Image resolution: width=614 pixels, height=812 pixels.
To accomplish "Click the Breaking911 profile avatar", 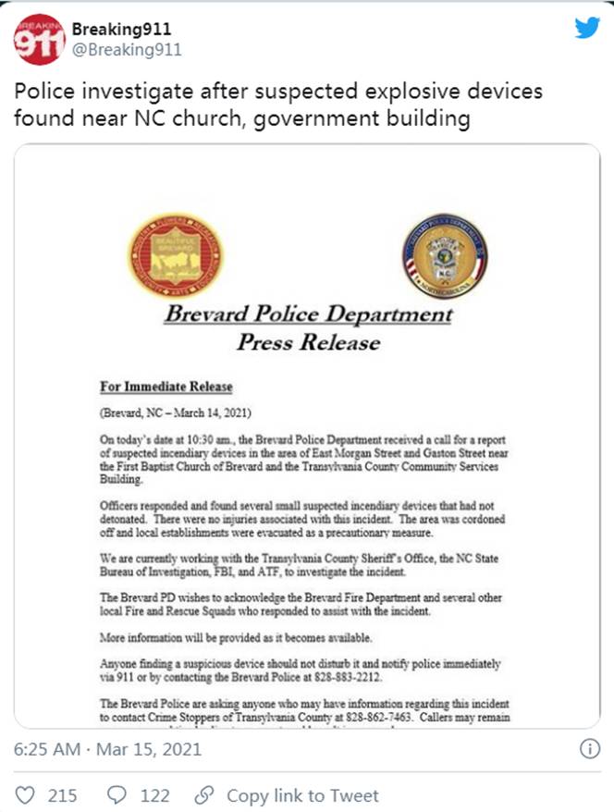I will pyautogui.click(x=40, y=40).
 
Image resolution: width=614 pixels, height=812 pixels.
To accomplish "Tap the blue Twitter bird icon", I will pyautogui.click(x=587, y=27).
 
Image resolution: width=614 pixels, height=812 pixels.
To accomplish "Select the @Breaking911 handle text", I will pyautogui.click(x=127, y=50).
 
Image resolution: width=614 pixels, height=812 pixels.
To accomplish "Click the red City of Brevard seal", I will pyautogui.click(x=175, y=255).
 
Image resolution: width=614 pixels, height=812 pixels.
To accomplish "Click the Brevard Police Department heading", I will pyautogui.click(x=309, y=314).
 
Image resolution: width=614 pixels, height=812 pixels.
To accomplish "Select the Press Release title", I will pyautogui.click(x=309, y=342).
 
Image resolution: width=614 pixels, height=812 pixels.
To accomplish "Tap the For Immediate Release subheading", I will pyautogui.click(x=166, y=387).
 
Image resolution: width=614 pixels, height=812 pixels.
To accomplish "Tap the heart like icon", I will pyautogui.click(x=27, y=794).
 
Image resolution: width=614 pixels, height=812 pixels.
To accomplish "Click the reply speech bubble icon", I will pyautogui.click(x=118, y=794).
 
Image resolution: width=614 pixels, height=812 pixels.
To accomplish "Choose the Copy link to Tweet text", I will pyautogui.click(x=302, y=794).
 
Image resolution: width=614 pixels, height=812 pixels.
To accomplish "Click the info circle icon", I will pyautogui.click(x=589, y=750).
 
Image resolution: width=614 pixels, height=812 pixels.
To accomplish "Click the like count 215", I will pyautogui.click(x=62, y=794).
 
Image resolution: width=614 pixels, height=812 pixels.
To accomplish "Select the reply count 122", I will pyautogui.click(x=153, y=794).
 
